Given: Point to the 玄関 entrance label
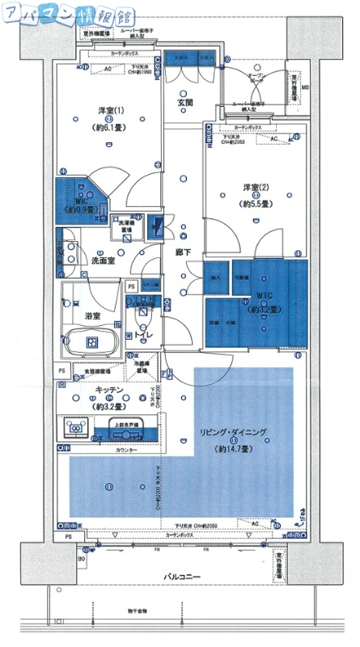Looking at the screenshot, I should coord(184,104).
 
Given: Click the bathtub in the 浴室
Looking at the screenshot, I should coord(91,343).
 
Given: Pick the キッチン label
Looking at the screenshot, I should coord(108,390).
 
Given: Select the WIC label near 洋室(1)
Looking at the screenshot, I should coord(80,200).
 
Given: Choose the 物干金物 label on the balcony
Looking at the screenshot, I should coord(126,611).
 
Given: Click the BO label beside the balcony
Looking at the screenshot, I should coord(81,559).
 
